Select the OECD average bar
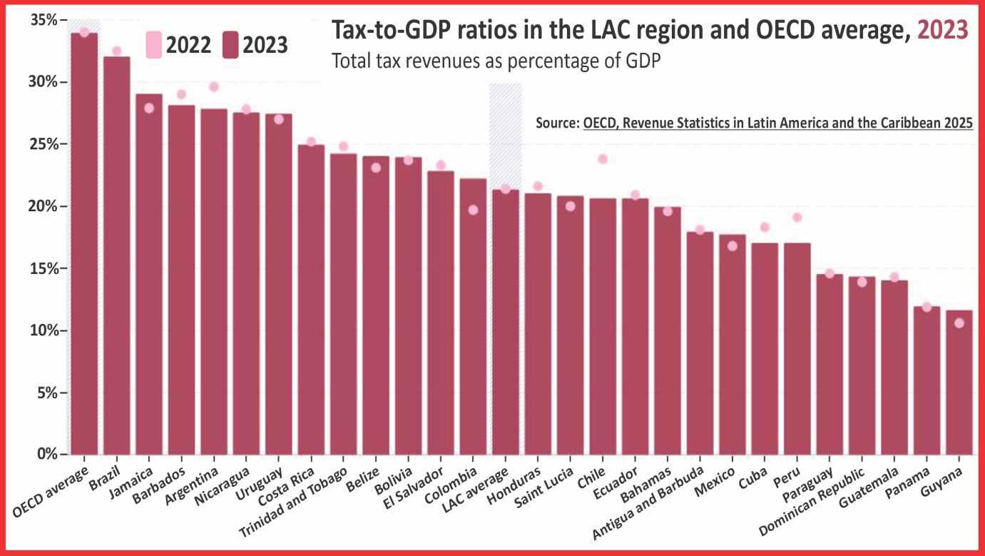click(84, 243)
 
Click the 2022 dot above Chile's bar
click(603, 158)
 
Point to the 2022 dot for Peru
click(797, 218)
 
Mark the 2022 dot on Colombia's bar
click(473, 210)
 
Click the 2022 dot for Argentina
click(213, 87)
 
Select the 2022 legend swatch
click(153, 44)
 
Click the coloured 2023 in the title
click(942, 31)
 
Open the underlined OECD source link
click(777, 123)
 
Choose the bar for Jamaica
click(149, 274)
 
